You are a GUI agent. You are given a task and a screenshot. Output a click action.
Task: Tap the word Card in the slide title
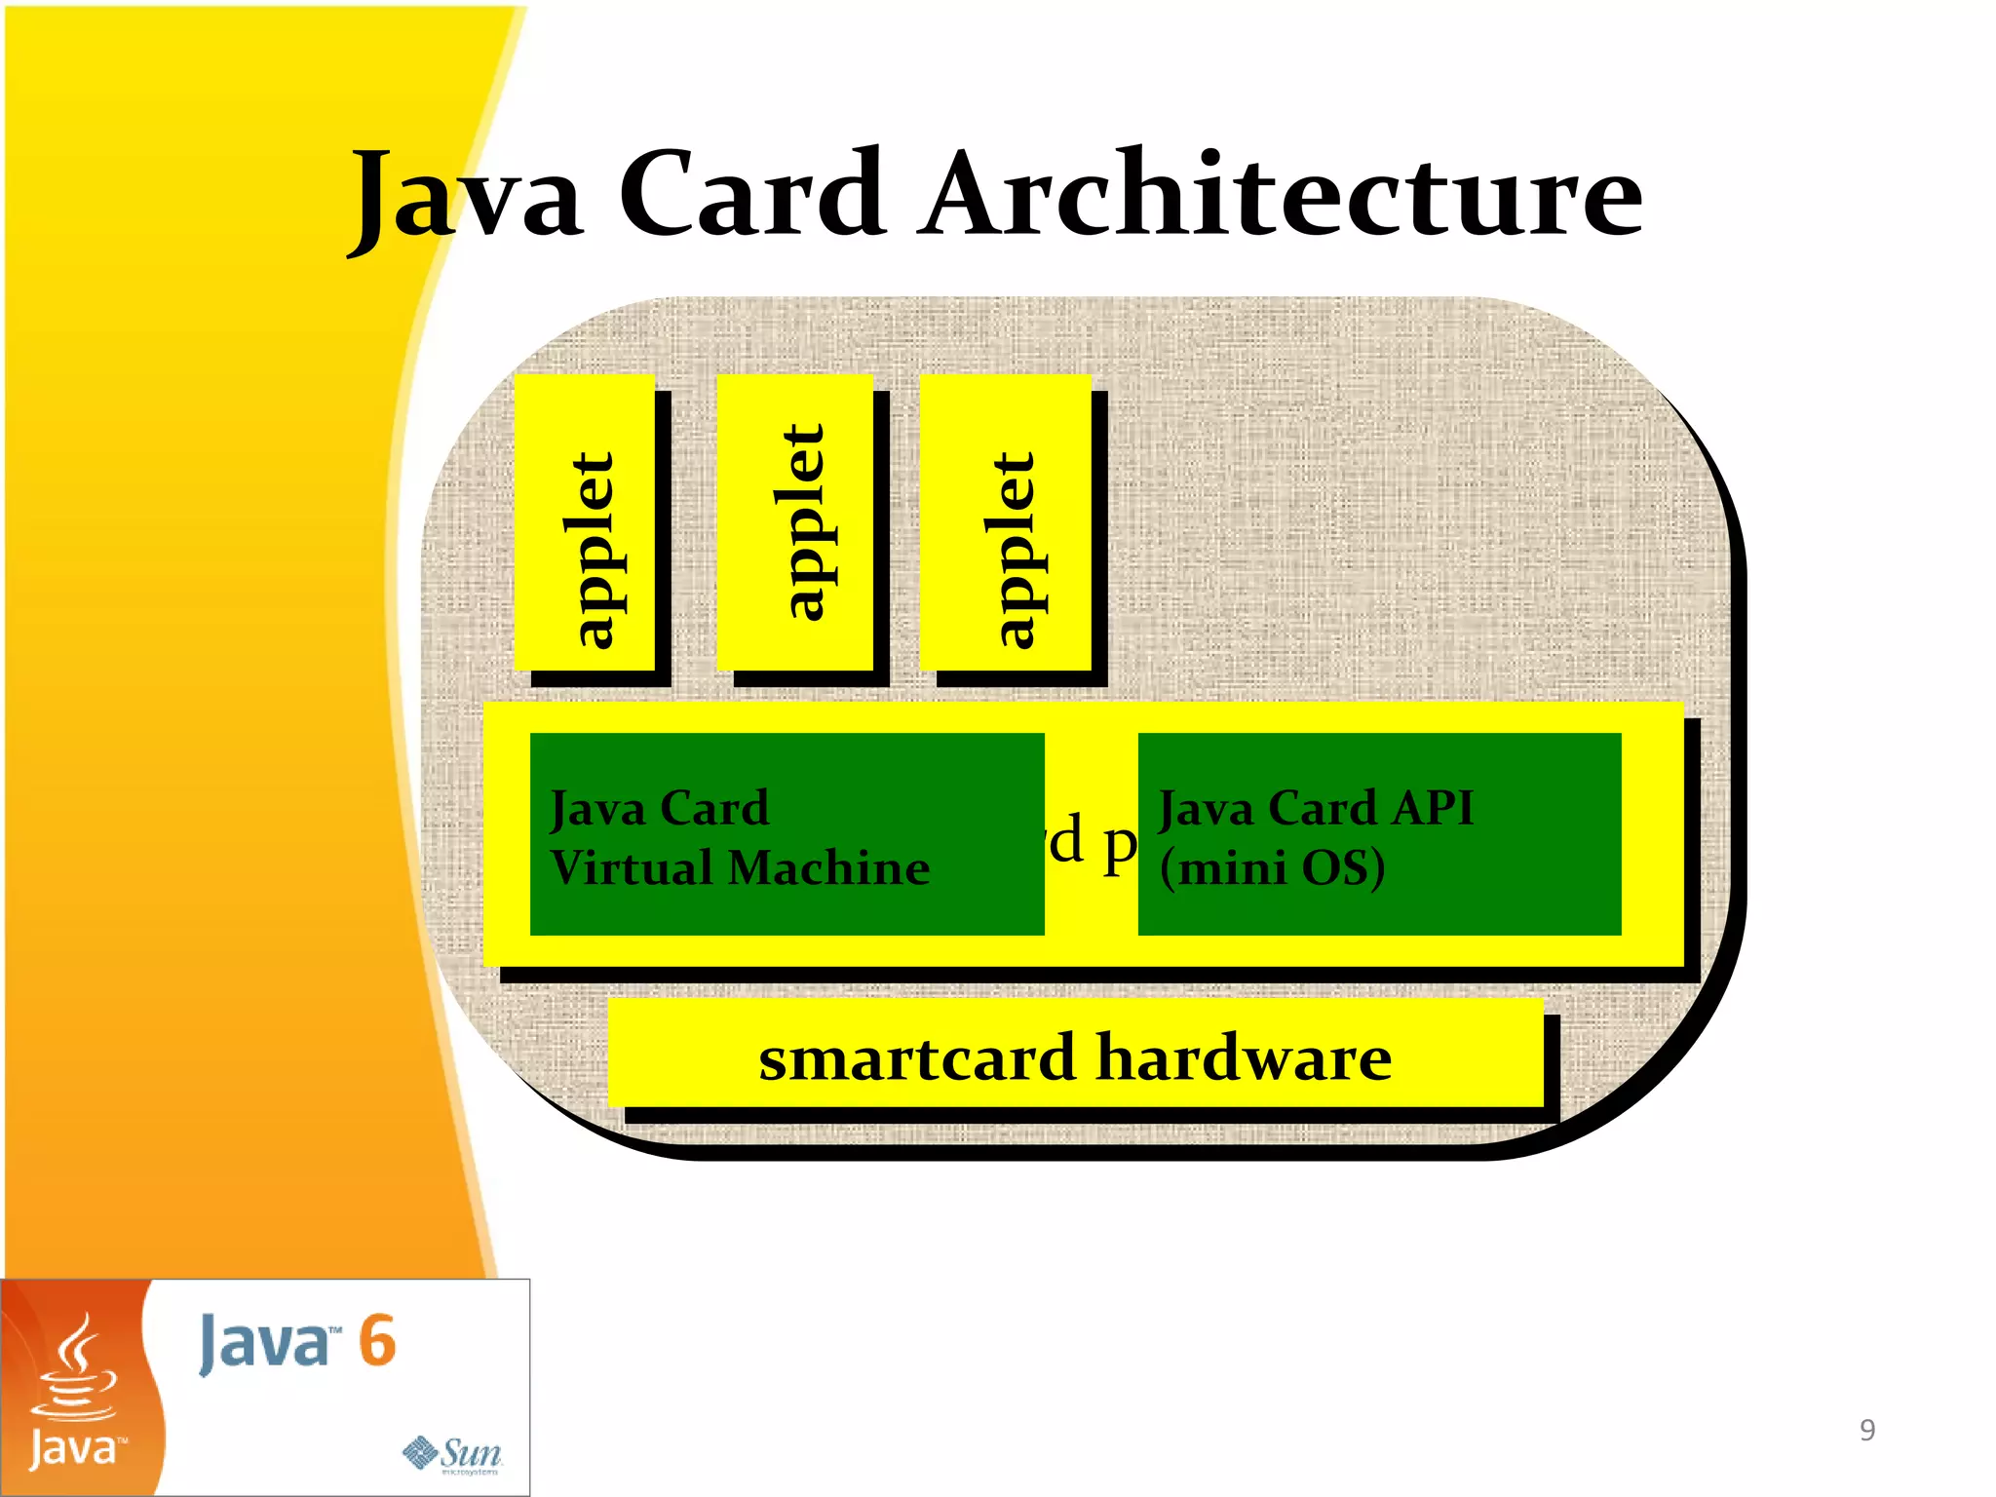pos(752,195)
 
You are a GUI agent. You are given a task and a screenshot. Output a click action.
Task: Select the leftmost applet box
pos(585,523)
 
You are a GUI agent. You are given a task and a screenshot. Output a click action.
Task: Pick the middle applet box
pos(795,523)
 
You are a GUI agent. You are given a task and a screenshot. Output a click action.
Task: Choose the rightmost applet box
pos(1006,523)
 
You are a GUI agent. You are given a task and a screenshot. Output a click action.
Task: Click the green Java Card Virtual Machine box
pos(787,834)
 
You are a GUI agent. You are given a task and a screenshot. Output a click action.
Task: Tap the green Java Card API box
pos(1379,834)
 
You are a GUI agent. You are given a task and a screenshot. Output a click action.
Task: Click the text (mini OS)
pos(1272,867)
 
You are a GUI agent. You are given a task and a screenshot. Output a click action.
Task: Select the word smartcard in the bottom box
pos(916,1058)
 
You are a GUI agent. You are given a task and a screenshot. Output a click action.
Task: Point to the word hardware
pos(1245,1058)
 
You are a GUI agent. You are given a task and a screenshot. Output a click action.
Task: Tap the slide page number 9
pos(1866,1430)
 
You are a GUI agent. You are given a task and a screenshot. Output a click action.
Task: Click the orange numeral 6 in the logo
pos(377,1341)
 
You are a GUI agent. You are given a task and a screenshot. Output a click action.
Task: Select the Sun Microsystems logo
pos(453,1454)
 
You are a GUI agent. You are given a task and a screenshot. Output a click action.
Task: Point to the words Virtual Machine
pos(741,867)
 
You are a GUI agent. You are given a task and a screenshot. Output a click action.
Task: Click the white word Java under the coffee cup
pos(74,1449)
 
